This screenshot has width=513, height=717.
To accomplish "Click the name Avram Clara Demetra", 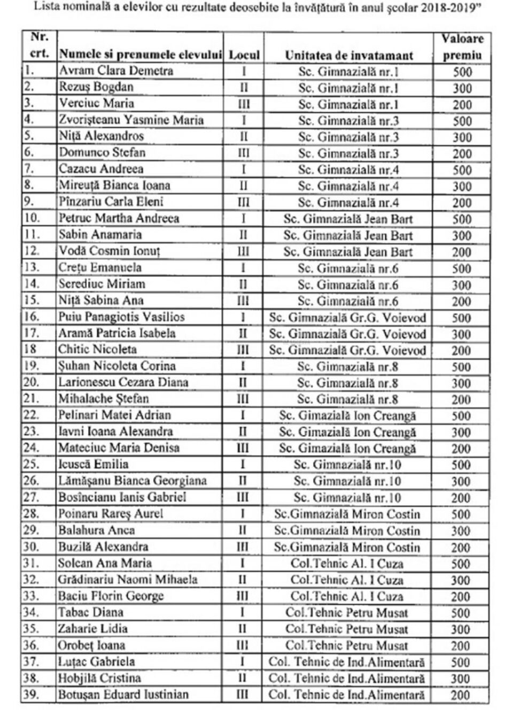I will (x=116, y=71).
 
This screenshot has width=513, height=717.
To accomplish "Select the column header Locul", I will (x=244, y=55).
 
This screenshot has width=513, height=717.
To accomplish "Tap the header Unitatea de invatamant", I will (x=348, y=55).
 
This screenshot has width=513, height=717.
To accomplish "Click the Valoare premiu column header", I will (x=462, y=47).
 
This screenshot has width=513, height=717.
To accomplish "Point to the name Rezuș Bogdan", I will (x=96, y=87).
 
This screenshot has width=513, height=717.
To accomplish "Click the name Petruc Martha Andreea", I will (x=119, y=218).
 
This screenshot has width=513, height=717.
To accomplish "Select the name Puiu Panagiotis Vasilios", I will (x=121, y=317).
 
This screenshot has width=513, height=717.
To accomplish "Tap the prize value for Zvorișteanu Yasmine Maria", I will (x=462, y=121).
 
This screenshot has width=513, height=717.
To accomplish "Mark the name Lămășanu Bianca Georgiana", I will (x=132, y=481).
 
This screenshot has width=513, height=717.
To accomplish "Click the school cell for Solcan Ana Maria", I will (x=347, y=564).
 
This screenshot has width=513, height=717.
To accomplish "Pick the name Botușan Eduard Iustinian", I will (x=123, y=695).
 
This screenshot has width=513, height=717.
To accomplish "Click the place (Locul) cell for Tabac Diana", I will (x=243, y=613).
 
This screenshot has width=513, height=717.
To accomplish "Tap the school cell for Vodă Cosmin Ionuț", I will (x=348, y=251).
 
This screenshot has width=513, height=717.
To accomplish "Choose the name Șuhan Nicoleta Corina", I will (x=117, y=366).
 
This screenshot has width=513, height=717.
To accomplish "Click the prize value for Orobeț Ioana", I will (x=461, y=646).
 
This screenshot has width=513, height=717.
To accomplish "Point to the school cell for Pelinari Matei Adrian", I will (x=347, y=415).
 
